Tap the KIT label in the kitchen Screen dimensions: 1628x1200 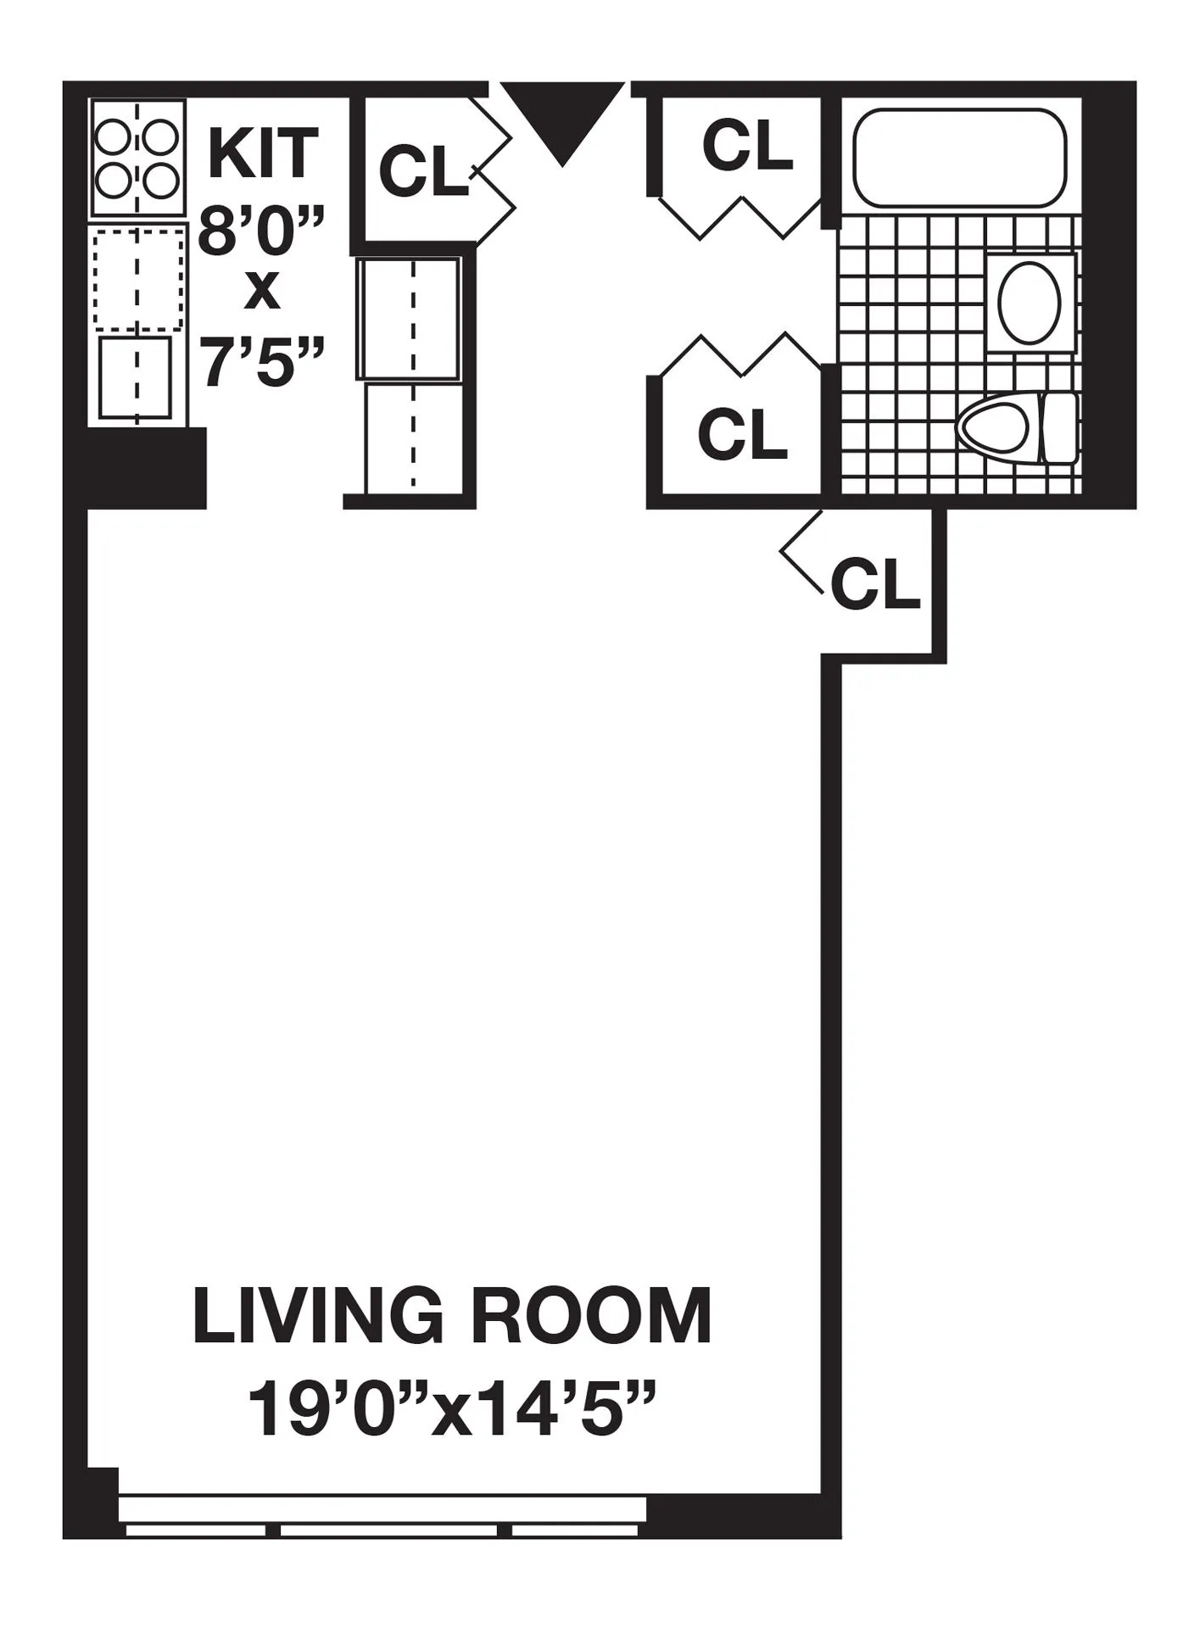[263, 153]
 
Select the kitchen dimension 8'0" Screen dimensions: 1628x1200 [261, 231]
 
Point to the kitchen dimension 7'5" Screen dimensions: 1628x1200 [261, 361]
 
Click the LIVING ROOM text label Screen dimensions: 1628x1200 [452, 1317]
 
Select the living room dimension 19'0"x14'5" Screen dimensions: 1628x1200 [452, 1409]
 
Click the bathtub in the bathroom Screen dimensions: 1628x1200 [959, 157]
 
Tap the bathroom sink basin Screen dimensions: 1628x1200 [1030, 301]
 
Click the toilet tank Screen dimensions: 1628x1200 [1059, 427]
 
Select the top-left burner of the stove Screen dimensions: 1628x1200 [112, 137]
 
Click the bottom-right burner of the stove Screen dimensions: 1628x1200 [161, 180]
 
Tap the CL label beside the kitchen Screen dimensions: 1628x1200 [422, 171]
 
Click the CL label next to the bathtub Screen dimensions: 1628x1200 [746, 146]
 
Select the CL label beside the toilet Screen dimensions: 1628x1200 [742, 433]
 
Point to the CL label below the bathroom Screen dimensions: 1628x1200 [875, 583]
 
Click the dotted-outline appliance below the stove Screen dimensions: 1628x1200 [138, 278]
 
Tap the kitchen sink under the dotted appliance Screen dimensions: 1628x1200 [136, 377]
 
